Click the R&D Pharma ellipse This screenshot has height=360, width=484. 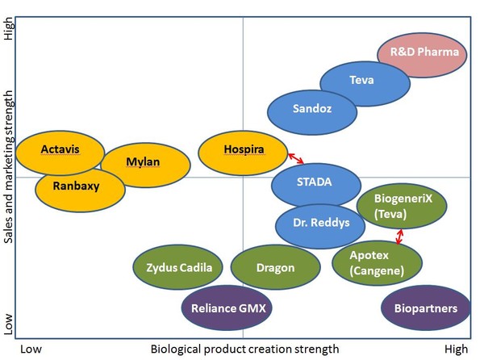point(423,53)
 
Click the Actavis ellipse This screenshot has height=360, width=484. point(60,150)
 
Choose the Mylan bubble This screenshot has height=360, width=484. point(144,162)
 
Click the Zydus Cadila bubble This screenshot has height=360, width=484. point(179,268)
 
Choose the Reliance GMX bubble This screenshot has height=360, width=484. point(228,308)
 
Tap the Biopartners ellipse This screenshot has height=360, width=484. point(425,308)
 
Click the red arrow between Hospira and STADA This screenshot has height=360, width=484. point(297,158)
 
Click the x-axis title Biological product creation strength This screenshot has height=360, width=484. point(244,349)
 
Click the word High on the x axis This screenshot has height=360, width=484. point(456,349)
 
